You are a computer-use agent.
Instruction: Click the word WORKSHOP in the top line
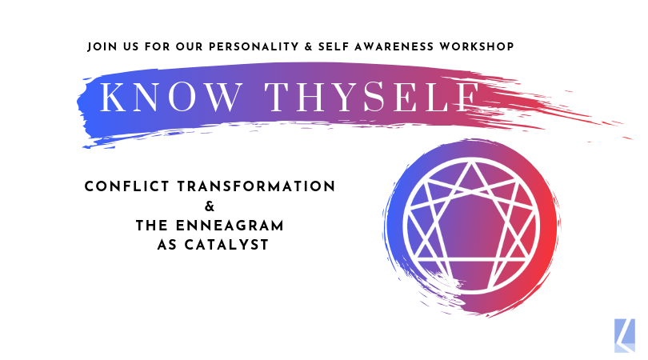click(477, 46)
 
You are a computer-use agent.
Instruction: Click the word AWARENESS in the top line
click(394, 46)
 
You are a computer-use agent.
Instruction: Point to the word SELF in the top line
click(334, 46)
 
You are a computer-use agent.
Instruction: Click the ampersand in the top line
click(308, 46)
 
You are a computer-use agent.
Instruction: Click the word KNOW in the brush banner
click(171, 98)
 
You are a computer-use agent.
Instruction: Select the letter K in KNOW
click(113, 98)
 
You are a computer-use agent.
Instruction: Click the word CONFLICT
click(127, 186)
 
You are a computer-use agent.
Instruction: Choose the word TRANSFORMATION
click(256, 186)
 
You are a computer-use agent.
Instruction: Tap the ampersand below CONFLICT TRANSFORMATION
click(210, 206)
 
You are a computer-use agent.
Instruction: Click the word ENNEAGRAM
click(230, 226)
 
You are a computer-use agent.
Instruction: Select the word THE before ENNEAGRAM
click(152, 226)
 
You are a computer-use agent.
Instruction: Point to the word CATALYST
click(226, 245)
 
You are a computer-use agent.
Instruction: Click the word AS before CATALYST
click(167, 245)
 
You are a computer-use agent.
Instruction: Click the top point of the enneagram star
click(471, 163)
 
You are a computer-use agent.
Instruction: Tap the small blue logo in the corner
click(625, 335)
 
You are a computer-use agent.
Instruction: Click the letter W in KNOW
click(223, 98)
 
